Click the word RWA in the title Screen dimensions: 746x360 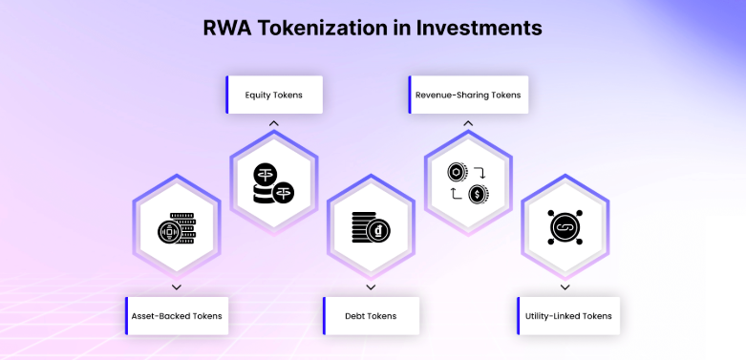226,28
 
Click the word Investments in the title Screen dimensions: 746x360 480,28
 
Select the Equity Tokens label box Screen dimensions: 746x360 274,95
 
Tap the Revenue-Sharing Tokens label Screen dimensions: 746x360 468,95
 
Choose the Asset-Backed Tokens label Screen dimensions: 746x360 177,316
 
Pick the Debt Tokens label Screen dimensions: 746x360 372,316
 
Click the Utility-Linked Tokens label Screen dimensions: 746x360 568,316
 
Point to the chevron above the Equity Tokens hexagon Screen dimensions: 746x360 273,123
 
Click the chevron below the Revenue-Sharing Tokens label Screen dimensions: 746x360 468,123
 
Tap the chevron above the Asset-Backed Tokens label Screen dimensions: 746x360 177,287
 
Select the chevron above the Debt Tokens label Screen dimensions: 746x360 372,287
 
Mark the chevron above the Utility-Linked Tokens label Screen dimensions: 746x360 565,287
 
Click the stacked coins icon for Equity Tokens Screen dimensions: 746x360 273,183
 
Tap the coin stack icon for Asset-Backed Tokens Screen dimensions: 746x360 177,228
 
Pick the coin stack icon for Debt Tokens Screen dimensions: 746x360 372,227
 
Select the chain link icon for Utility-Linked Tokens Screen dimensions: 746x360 565,227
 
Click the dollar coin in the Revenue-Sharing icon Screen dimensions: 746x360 479,194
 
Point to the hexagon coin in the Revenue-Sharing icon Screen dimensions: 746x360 458,172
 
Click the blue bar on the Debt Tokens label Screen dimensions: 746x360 324,316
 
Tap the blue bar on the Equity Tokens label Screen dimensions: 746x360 227,95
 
